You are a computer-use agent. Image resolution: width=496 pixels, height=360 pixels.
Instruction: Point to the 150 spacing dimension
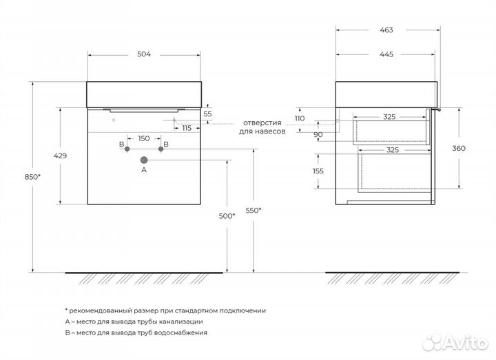(x=143, y=138)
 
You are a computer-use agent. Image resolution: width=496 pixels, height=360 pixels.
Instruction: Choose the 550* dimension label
(x=253, y=210)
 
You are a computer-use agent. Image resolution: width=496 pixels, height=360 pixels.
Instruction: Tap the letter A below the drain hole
(x=144, y=169)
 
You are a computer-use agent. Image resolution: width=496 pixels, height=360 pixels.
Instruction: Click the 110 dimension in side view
(x=300, y=118)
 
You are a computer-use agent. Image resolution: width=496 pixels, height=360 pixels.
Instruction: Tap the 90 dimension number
(x=318, y=135)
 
